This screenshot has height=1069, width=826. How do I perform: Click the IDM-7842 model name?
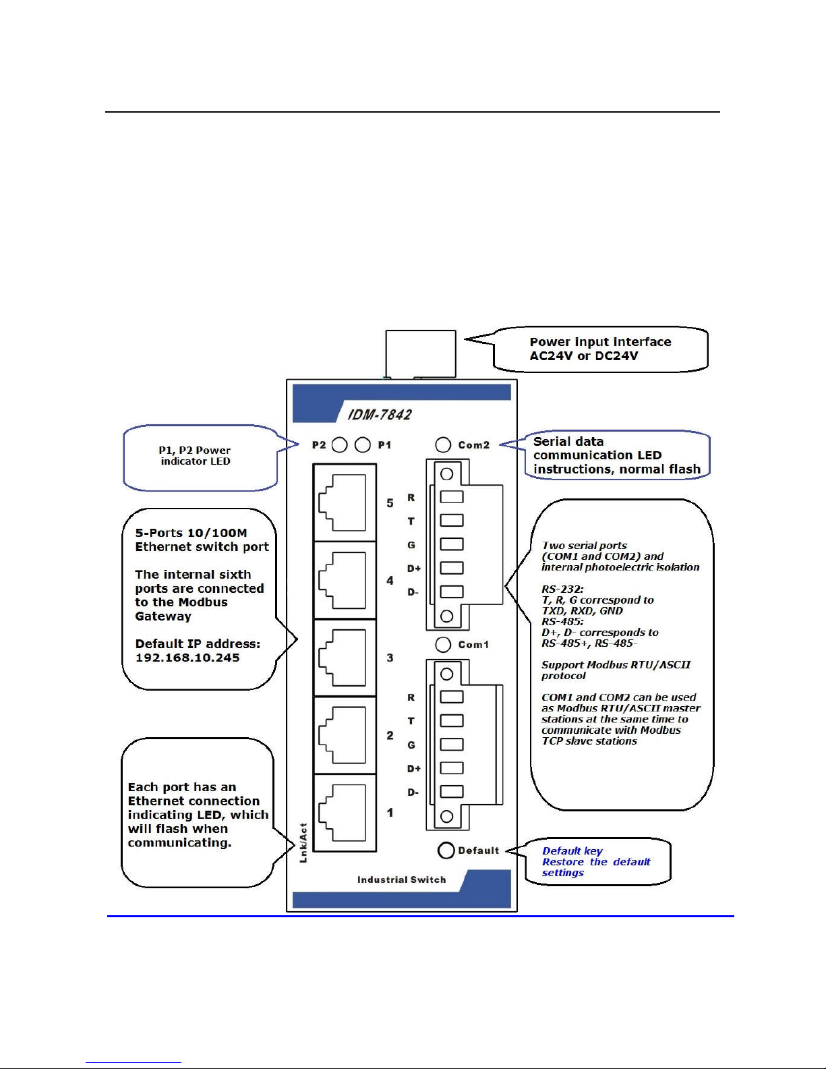click(x=380, y=415)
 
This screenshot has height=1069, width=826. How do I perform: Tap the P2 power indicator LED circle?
click(x=340, y=444)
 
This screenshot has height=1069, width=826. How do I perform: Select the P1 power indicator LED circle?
click(x=362, y=444)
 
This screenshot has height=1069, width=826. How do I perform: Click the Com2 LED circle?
click(x=443, y=444)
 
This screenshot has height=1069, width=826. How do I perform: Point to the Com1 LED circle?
click(x=443, y=645)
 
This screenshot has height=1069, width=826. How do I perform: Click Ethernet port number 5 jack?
click(x=344, y=502)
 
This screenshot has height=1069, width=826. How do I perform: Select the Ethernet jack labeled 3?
click(x=344, y=658)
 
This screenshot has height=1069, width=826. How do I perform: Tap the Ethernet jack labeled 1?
click(x=344, y=813)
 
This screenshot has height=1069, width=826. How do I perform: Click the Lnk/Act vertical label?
click(x=303, y=842)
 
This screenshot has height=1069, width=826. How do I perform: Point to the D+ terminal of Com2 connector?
click(x=451, y=568)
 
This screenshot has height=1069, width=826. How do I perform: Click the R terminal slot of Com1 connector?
click(x=451, y=697)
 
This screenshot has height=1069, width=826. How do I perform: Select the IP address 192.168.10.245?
click(x=187, y=658)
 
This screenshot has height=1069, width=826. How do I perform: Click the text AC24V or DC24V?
click(x=584, y=355)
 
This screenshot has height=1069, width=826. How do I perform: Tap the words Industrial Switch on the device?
click(x=402, y=879)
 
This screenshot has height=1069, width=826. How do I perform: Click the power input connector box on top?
click(x=421, y=354)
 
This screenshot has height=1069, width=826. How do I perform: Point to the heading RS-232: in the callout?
click(x=562, y=589)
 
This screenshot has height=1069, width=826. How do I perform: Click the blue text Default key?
click(x=572, y=851)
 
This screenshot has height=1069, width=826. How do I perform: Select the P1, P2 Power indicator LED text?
click(x=195, y=455)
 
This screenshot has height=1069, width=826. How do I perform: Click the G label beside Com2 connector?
click(x=411, y=545)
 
